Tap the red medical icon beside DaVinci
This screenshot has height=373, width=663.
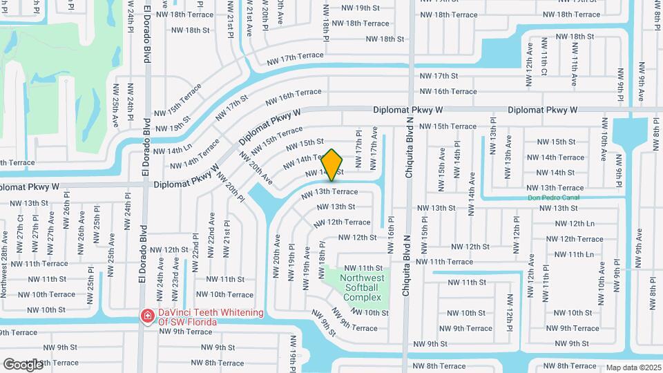147,316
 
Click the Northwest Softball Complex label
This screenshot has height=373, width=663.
361,287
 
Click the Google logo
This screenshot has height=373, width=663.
23,364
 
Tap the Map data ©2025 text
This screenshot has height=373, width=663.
633,368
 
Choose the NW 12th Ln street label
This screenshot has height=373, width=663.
575,223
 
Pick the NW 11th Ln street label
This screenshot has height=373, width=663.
575,254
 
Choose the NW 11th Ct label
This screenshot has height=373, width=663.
544,62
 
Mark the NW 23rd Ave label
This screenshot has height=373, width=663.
175,274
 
